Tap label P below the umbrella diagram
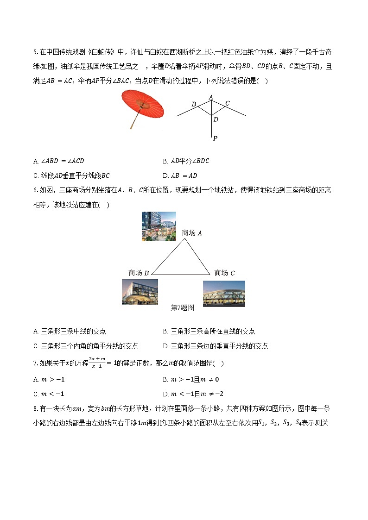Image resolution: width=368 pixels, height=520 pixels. (x=215, y=138)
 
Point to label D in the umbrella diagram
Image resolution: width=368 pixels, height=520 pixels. (x=216, y=119)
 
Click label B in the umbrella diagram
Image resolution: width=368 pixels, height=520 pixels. (x=194, y=104)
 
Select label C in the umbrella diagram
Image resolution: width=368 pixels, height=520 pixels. (x=227, y=103)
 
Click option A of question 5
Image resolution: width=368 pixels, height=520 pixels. (x=59, y=161)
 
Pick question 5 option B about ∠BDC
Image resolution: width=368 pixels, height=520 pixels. (x=186, y=161)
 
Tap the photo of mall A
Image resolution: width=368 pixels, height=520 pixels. (x=159, y=226)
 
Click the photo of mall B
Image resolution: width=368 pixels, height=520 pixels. (x=140, y=292)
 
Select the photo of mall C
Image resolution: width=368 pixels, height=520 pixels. (x=224, y=294)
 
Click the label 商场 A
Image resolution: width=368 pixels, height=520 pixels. (x=192, y=233)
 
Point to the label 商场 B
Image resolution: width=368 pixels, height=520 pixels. (x=139, y=273)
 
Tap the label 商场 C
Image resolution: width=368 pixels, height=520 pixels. (x=225, y=273)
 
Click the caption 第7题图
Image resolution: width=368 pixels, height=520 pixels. (x=183, y=307)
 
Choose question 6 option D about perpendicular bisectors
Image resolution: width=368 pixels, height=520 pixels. (x=216, y=346)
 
